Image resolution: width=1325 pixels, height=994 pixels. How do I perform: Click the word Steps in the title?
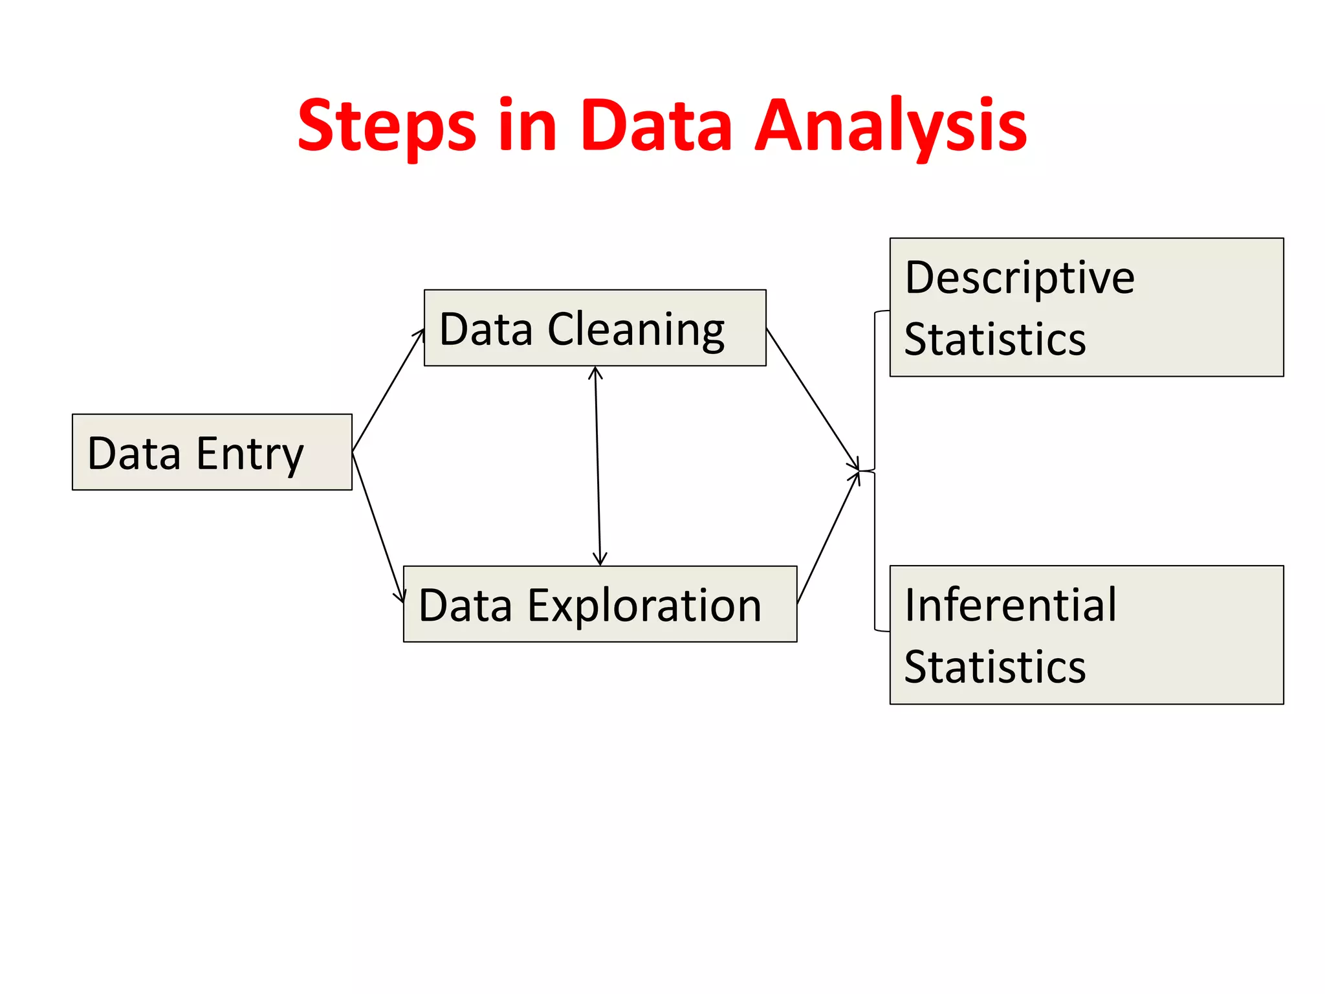pos(386,126)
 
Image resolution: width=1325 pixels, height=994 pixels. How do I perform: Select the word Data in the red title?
pos(656,126)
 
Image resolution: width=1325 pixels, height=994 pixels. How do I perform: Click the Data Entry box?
pos(212,452)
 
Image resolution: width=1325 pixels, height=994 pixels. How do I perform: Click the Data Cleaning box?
pos(595,328)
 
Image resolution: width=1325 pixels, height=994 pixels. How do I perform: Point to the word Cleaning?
pos(636,330)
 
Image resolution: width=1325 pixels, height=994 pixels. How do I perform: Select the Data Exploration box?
pos(600,604)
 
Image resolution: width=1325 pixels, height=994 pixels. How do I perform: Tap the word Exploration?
pos(644,606)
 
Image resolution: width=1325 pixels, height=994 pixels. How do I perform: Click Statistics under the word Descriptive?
pos(995,340)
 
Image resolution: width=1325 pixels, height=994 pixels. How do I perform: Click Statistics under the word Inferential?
pos(995,667)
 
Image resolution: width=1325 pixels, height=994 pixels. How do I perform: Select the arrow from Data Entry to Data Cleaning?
pos(388,391)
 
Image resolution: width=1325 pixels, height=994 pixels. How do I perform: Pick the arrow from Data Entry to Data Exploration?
pos(378,527)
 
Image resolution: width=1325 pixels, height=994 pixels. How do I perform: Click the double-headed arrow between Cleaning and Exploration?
pos(598,466)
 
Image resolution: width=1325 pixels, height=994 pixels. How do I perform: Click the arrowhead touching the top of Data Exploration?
pos(600,560)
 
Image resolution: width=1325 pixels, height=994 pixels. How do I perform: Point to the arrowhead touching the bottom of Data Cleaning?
pos(596,373)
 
